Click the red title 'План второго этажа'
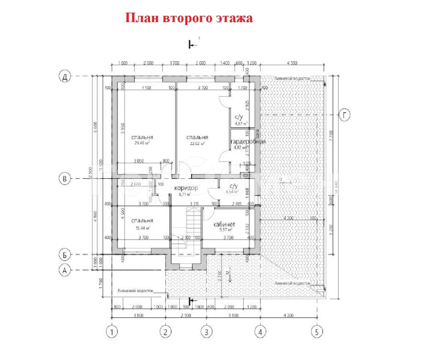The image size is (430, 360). coord(189,18)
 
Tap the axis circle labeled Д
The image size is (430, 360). coord(64,76)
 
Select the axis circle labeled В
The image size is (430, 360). coord(64,179)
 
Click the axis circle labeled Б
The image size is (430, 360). coord(64,253)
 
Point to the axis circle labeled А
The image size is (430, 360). coord(64,270)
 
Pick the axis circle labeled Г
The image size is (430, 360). coord(344,115)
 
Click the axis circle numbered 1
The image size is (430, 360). coord(112,331)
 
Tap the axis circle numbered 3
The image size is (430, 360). coord(206,331)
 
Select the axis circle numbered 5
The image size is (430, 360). coord(316,331)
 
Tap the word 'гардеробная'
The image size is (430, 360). coord(248,142)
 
